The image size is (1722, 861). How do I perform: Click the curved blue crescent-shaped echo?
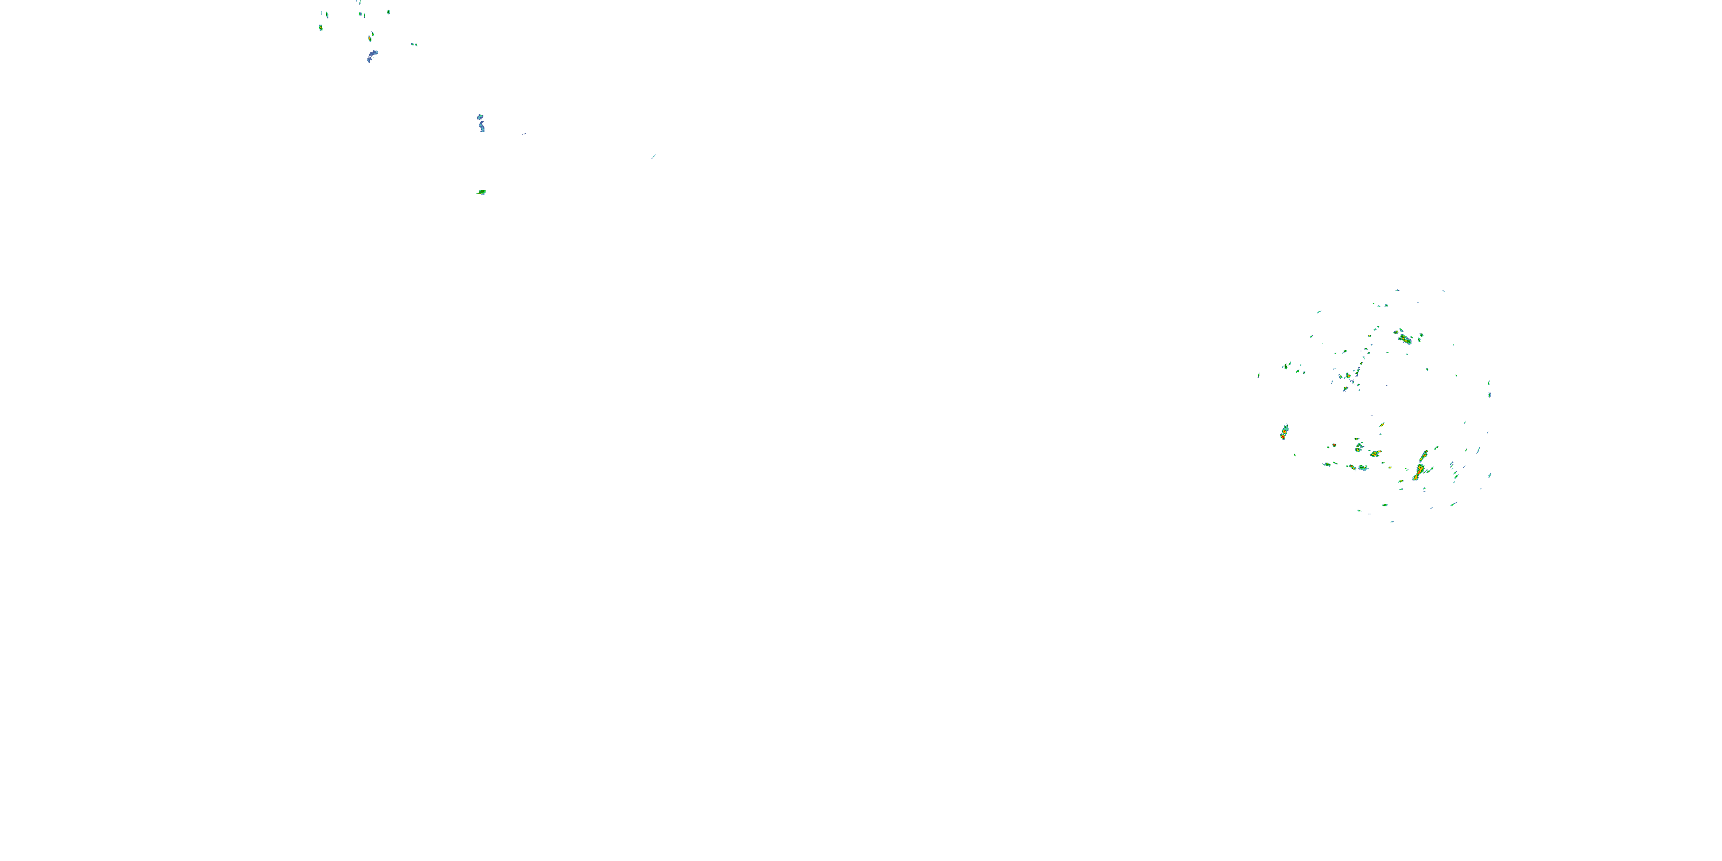pos(372,56)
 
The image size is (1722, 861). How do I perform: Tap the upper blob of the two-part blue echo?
pos(480,117)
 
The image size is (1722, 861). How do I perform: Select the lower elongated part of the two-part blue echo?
pos(482,126)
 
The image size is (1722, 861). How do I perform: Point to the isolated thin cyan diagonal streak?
pos(653,157)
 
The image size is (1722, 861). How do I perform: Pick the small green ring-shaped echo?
pos(389,12)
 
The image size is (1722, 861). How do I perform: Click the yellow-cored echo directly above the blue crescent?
pos(370,38)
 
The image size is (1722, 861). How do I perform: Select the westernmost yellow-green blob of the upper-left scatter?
pos(321,28)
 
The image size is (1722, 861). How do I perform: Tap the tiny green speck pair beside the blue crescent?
pos(414,45)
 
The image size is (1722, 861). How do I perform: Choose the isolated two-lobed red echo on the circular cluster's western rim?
pos(1283,432)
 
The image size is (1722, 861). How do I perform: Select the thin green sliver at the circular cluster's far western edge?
pos(1259,375)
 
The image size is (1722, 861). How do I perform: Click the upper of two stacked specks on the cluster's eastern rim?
pos(1490,383)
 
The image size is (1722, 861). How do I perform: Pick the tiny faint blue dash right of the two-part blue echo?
pos(524,134)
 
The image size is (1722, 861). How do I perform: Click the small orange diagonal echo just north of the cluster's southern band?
pos(1381,425)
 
